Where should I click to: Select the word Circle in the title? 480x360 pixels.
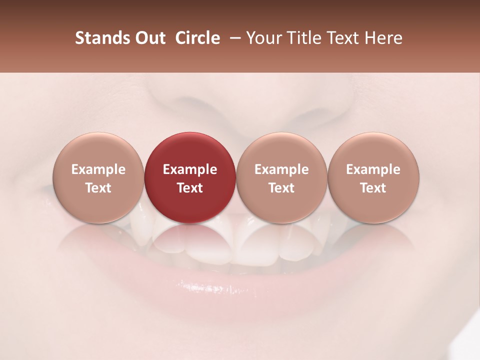(x=197, y=38)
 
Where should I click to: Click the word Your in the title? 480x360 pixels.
(x=263, y=38)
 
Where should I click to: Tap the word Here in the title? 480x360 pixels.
(x=383, y=38)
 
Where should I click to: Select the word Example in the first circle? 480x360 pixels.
(x=98, y=169)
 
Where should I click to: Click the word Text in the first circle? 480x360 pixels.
(x=98, y=188)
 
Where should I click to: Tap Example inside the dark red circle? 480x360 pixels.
(x=190, y=169)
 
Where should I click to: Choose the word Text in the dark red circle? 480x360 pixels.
(x=190, y=188)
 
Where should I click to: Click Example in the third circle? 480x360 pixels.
(x=281, y=169)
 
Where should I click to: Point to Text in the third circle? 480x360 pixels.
(x=281, y=188)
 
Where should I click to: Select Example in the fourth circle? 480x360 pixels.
(x=373, y=169)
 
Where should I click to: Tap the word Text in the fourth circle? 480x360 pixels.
(x=373, y=188)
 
